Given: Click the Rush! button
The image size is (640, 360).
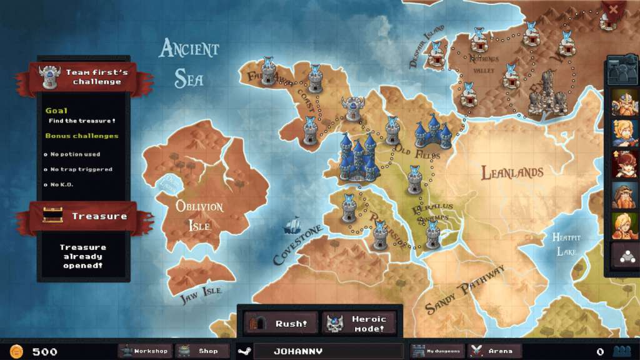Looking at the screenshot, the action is tap(280, 324).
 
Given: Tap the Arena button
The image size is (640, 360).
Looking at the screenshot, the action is tap(495, 351).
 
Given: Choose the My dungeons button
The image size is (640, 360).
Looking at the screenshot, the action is tap(437, 351).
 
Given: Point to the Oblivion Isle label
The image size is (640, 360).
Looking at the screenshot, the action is tap(199, 215).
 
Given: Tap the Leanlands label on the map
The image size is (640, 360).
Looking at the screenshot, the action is tap(512, 173).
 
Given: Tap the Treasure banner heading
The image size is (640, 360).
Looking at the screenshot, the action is tap(99, 216).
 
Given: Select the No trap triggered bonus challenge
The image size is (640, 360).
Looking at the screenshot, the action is tap(81, 169).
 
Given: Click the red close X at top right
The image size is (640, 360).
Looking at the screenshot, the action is tap(613, 9).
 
